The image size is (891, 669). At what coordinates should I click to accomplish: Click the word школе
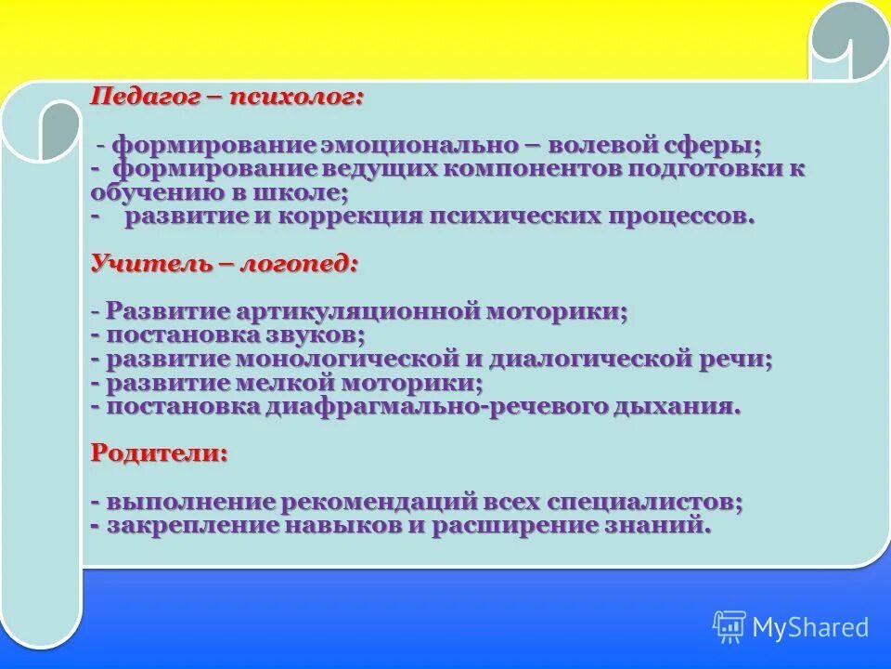[x=307, y=193]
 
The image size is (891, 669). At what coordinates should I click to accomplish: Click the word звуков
[x=314, y=334]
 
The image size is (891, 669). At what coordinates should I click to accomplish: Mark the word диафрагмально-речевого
[x=436, y=407]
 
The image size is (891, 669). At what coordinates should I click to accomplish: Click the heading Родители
[x=159, y=453]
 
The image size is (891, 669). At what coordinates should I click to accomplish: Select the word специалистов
[x=640, y=502]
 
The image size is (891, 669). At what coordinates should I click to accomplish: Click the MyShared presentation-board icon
[x=730, y=627]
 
